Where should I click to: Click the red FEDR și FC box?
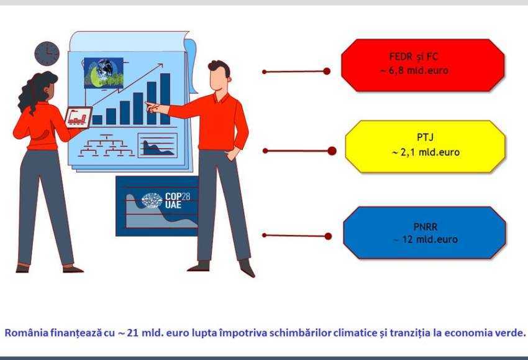423,65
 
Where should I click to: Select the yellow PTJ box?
426,147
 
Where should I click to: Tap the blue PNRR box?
425,233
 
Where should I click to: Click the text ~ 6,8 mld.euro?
414,70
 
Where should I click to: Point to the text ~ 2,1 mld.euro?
426,152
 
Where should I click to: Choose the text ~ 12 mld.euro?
426,239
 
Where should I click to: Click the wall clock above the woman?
47,53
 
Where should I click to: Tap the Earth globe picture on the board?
104,73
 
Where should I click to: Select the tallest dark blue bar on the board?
165,99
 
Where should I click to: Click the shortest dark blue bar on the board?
98,120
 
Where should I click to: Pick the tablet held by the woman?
78,118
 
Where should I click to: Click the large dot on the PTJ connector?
332,150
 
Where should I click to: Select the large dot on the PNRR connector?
328,236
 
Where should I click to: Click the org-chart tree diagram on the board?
106,145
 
